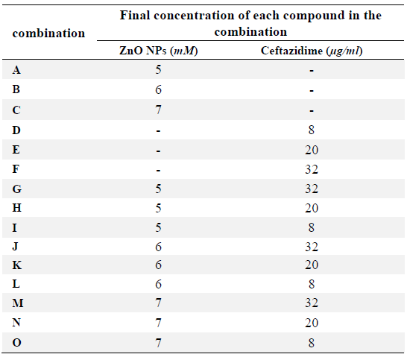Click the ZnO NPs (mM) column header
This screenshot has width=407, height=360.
[158, 51]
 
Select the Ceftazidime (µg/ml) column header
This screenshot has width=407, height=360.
[312, 51]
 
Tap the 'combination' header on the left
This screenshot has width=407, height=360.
[48, 34]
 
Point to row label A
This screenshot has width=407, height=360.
[16, 70]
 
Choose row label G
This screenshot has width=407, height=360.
[17, 189]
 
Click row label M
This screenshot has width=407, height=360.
[18, 303]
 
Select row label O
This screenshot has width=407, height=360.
[17, 343]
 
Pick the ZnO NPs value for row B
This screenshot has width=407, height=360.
[158, 89]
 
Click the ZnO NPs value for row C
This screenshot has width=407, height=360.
[158, 110]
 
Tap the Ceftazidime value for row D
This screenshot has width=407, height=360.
[312, 130]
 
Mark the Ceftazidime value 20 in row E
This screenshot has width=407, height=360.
[312, 150]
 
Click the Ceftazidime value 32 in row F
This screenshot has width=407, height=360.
[312, 169]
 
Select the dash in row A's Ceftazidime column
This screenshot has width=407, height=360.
[312, 70]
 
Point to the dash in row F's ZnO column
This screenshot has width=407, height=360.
[158, 170]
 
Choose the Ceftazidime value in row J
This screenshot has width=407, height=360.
[312, 247]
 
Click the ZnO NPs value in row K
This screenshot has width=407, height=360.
[158, 265]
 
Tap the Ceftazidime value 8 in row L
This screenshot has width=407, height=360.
[312, 284]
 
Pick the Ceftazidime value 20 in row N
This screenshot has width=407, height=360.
[312, 323]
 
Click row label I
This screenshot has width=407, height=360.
[15, 227]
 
